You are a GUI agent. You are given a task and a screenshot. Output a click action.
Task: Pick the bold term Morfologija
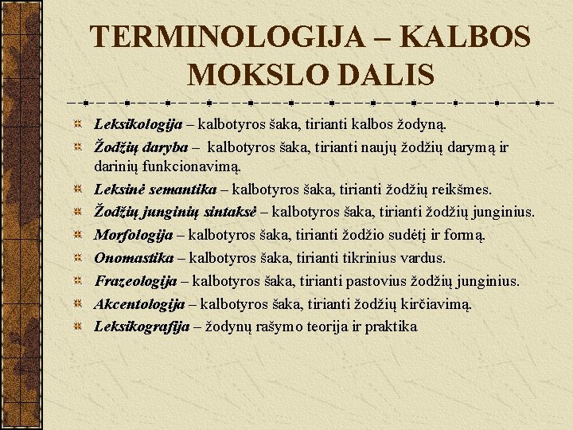(134, 236)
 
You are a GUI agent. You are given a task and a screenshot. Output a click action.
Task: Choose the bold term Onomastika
(134, 258)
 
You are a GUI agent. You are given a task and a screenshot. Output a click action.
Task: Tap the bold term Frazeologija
(135, 281)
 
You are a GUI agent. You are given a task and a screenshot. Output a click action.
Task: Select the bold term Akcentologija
(139, 304)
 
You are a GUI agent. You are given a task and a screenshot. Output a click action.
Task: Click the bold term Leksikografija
(142, 326)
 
